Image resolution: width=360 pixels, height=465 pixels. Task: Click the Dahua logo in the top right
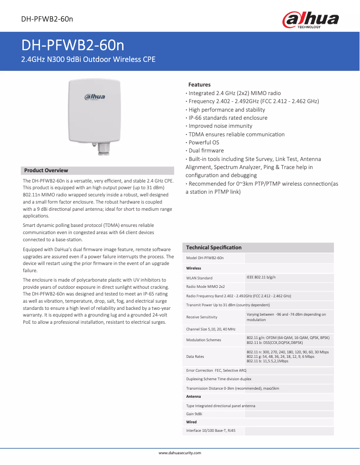point(310,20)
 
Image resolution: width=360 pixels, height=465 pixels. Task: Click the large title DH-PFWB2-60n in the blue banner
point(73,46)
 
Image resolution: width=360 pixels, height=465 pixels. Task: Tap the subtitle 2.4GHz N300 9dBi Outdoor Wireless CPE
point(89,59)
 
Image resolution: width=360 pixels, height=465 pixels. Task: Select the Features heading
point(199,84)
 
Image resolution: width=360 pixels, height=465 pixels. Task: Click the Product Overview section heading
point(46,170)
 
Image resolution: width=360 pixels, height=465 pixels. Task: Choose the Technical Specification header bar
point(214,248)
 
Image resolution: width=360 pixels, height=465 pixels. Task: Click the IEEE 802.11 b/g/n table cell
point(261,278)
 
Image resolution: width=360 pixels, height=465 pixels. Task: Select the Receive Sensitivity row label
point(202,317)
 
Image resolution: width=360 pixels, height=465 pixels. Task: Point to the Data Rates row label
point(195,356)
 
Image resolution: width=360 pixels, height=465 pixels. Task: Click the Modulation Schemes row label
point(203,340)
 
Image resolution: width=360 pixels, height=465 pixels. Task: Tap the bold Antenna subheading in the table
point(193,396)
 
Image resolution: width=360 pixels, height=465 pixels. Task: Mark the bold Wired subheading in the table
point(191,422)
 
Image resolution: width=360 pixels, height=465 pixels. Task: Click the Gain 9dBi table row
point(194,414)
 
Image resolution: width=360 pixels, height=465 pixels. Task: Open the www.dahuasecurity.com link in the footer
point(180,453)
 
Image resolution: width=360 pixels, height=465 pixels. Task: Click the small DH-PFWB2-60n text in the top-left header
point(47,19)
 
